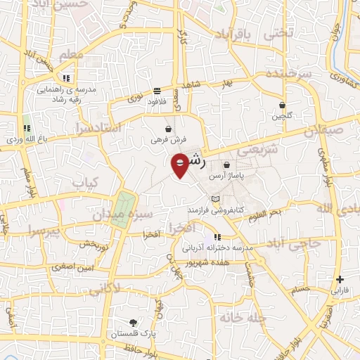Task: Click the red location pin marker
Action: pos(181,165)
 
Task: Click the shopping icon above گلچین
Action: pos(282,104)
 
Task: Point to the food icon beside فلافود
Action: pos(156,90)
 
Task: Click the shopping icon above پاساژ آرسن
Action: pos(226,165)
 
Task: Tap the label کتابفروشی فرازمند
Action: pos(214,210)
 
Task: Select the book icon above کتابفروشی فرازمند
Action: pos(214,200)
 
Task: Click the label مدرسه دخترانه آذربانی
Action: pos(217,247)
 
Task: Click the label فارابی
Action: pos(340,290)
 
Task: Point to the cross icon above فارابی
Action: pos(340,279)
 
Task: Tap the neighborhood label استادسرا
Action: pos(98,128)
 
